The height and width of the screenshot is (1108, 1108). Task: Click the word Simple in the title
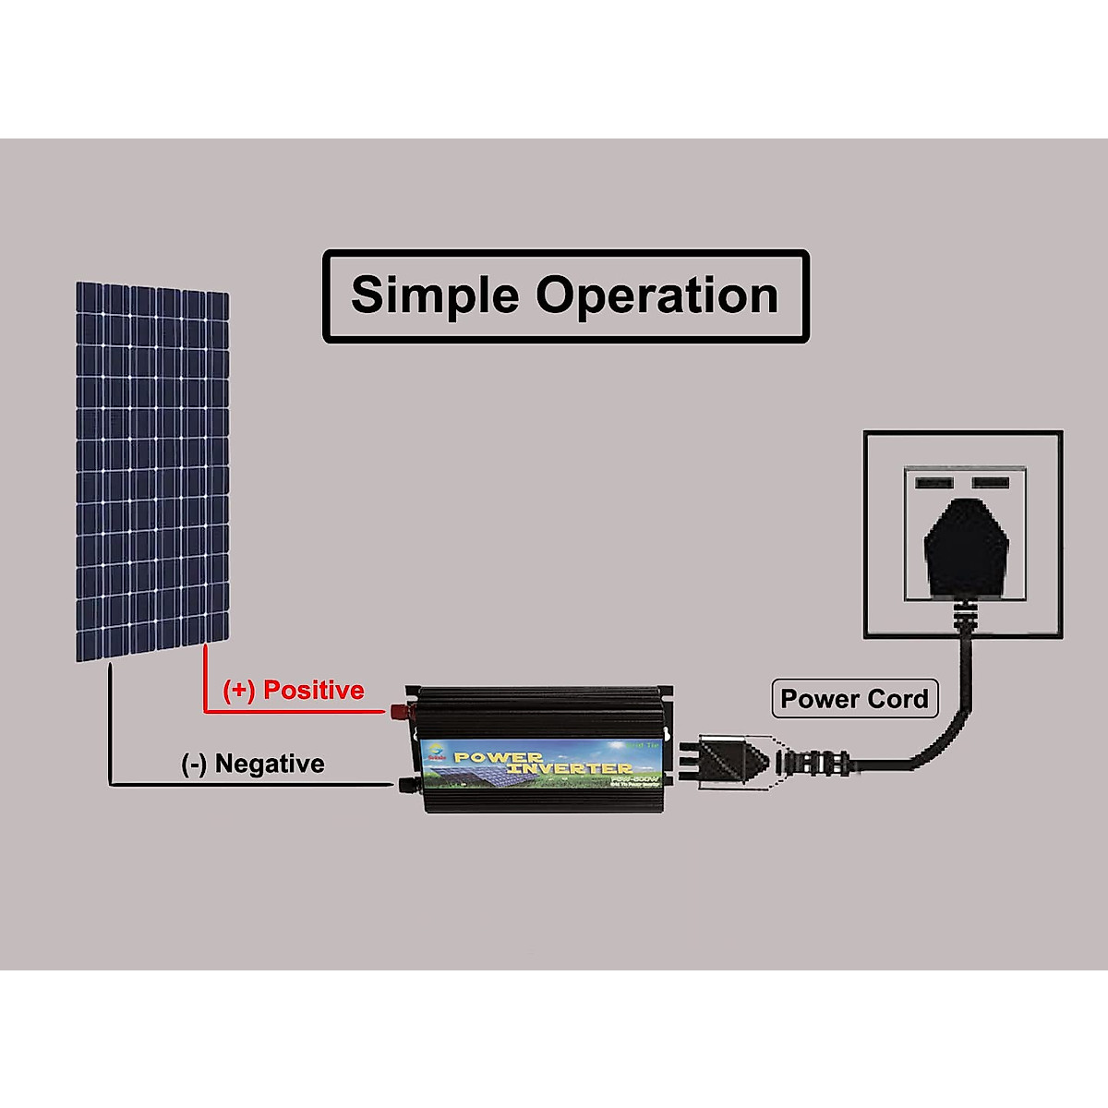point(435,295)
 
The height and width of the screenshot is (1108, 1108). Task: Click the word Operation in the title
point(657,295)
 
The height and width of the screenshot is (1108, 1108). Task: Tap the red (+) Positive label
point(294,690)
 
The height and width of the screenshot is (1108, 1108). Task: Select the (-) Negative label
point(253,764)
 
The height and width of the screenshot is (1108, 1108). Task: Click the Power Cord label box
point(854,699)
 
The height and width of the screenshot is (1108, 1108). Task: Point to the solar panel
point(152,471)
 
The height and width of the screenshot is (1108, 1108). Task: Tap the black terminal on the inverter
point(405,786)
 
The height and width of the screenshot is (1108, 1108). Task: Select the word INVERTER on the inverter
point(570,768)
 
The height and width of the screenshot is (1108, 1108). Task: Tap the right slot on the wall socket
point(990,482)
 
